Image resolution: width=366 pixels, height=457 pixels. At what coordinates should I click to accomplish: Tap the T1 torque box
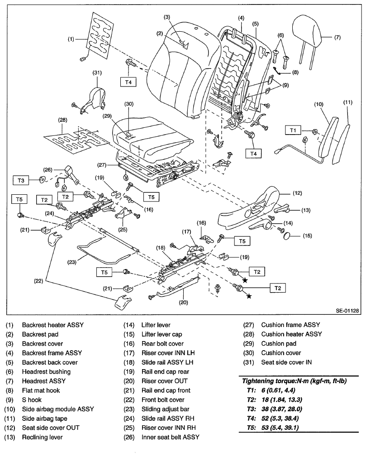(293, 130)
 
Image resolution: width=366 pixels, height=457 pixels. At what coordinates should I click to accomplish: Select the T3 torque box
(21, 180)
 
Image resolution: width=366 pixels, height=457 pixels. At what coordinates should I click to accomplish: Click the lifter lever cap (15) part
(289, 236)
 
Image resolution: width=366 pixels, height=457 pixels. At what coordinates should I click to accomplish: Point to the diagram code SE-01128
(347, 311)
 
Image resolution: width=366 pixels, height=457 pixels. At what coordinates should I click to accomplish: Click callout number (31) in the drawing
(97, 72)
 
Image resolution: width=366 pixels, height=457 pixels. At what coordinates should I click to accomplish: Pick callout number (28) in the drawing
(62, 120)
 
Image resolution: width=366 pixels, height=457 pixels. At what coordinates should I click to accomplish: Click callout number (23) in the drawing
(72, 262)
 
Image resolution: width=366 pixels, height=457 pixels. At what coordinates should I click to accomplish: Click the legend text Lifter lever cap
(162, 334)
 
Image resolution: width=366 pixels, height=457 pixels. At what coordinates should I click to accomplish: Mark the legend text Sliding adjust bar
(166, 409)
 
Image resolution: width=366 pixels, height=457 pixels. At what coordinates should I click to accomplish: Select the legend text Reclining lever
(42, 437)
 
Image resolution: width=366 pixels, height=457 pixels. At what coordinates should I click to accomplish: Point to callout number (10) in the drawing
(319, 104)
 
